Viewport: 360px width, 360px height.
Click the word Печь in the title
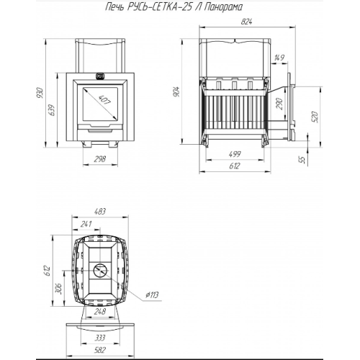[114, 7]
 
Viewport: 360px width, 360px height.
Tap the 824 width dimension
[246, 22]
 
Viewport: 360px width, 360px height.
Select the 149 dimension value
[279, 58]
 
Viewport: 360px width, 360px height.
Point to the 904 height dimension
[176, 91]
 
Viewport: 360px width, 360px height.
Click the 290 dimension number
[280, 104]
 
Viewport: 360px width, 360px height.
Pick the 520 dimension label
[315, 117]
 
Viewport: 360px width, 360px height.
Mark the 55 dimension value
[304, 160]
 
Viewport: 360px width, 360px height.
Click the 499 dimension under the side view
[235, 154]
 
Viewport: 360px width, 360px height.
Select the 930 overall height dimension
[40, 93]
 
